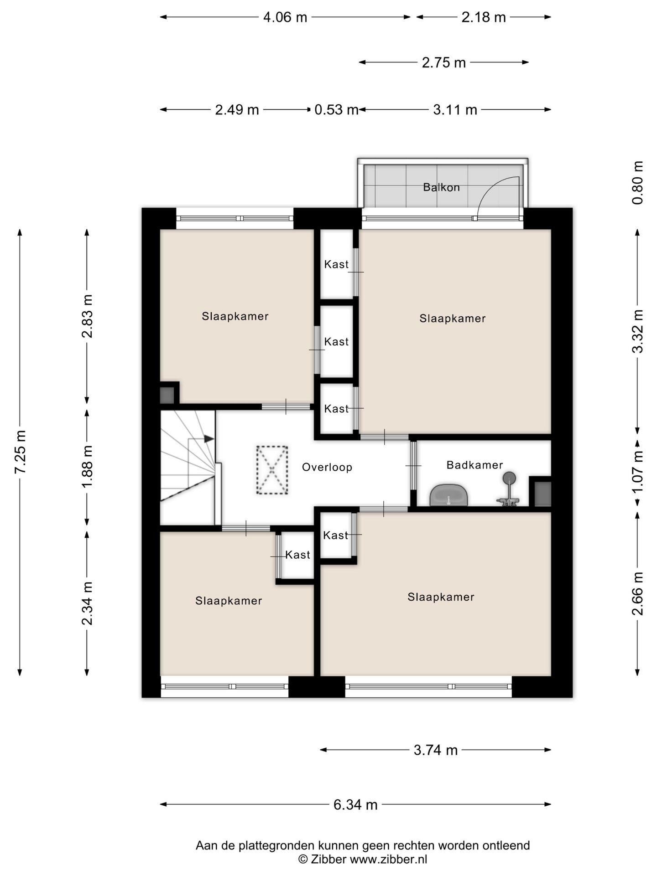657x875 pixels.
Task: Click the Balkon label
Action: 441,187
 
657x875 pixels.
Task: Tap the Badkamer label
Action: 474,465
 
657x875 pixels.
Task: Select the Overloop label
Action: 327,467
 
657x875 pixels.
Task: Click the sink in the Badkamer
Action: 449,495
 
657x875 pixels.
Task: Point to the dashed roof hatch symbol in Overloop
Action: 272,470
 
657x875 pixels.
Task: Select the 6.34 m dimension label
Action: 355,805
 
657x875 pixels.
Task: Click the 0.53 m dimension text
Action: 336,110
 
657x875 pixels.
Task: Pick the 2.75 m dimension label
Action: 444,62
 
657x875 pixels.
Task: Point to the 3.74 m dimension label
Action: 436,750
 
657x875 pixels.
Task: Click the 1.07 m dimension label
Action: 638,471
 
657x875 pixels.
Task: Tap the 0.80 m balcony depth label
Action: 638,183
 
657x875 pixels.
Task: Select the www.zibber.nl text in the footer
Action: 389,860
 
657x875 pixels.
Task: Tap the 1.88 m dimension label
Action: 87,466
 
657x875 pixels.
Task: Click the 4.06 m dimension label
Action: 285,17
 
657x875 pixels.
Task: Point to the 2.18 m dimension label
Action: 484,17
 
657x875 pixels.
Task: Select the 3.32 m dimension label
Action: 638,331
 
